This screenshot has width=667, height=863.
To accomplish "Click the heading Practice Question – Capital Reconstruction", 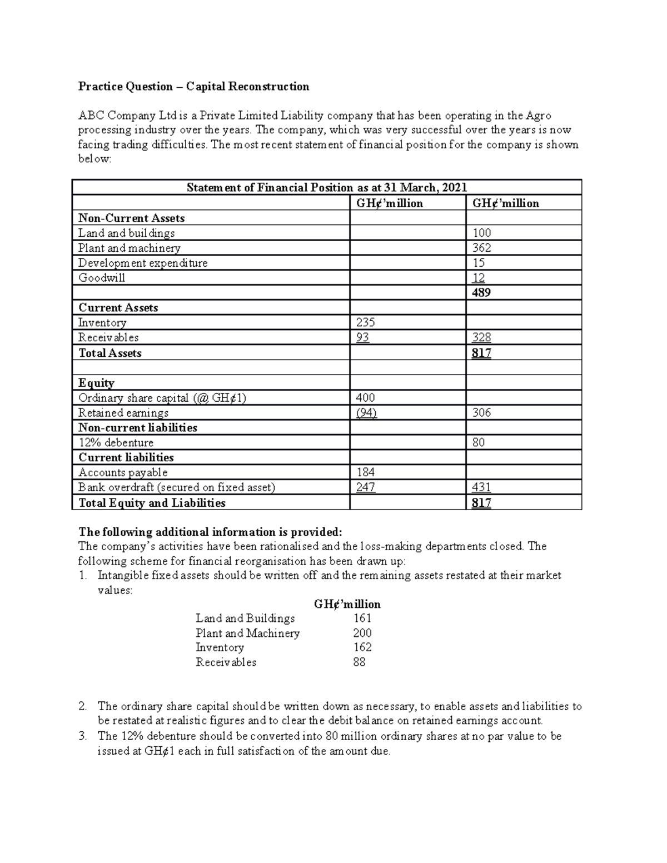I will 193,86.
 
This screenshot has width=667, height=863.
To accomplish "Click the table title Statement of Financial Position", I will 327,187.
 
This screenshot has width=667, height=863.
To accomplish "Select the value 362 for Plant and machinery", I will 481,248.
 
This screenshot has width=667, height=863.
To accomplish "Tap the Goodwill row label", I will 102,278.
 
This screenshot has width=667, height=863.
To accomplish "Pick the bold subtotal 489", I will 481,293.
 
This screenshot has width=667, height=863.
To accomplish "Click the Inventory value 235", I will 365,322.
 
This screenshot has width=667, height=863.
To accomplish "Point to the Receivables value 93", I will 362,337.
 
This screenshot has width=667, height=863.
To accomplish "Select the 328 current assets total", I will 481,337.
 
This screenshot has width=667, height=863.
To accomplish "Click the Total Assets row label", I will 110,353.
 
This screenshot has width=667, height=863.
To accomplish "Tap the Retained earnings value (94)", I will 366,412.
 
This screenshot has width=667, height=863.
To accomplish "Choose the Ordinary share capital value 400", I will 365,397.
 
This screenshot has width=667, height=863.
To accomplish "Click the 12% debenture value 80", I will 479,442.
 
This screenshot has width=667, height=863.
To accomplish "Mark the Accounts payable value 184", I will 365,472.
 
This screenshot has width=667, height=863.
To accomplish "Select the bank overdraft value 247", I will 365,487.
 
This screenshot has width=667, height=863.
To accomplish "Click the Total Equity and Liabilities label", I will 152,503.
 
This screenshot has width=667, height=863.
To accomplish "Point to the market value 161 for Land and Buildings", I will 362,618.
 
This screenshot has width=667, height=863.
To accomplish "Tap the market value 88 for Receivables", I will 359,662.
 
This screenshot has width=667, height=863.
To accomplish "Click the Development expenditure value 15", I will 479,263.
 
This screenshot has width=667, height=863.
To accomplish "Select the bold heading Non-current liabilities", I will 138,427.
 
